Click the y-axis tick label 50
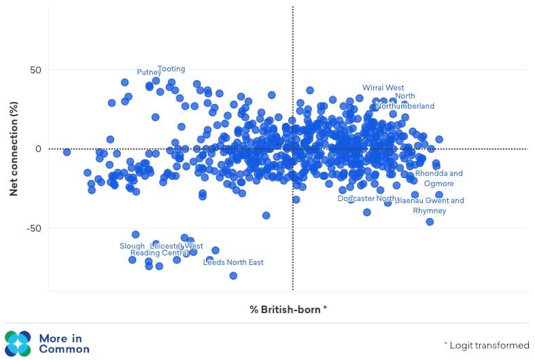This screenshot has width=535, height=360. pos(33,71)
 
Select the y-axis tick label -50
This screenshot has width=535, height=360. pos(31,228)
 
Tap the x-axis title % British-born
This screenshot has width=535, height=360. pos(288,309)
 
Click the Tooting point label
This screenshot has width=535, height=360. pos(171,69)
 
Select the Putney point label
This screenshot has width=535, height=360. pos(149,72)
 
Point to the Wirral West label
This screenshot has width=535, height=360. pos(383,88)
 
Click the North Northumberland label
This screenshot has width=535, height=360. pos(404,101)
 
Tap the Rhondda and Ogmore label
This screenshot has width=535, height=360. pos(438,179)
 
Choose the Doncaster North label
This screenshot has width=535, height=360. pos(366,198)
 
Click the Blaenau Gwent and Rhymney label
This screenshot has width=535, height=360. pos(430,206)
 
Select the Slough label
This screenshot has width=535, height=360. pos(132,246)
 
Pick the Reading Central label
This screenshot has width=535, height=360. pos(155,253)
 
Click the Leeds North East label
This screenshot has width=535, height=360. pos(233,262)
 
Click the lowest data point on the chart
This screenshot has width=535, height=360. pos(233,276)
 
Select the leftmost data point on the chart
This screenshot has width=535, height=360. pos(67,152)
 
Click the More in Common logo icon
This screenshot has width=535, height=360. pos(17,343)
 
